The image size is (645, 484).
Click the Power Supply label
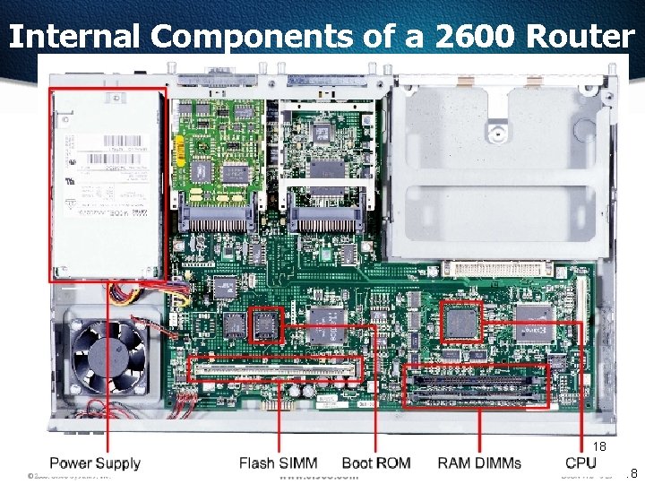pos(94,463)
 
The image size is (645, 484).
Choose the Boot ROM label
pos(376,463)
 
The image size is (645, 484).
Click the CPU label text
pos(580,463)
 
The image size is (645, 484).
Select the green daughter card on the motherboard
pos(220,147)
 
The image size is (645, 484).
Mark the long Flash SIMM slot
pos(275,367)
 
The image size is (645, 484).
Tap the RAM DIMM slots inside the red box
pos(476,385)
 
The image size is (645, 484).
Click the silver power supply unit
pos(107,184)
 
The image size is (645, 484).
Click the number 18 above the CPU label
pos(599,446)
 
